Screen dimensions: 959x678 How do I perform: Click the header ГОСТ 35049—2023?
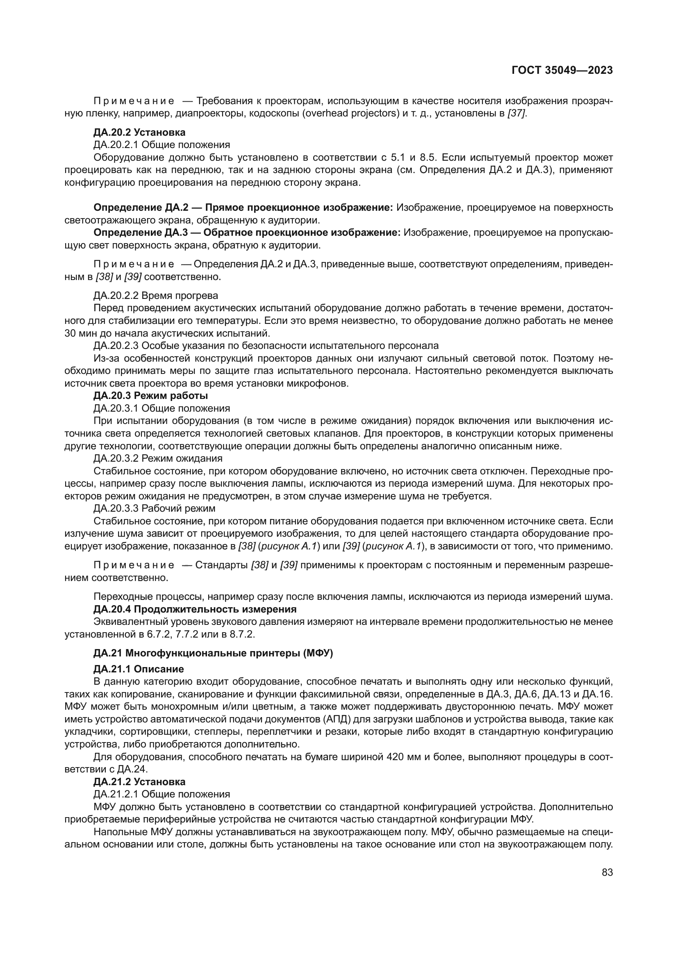pyautogui.click(x=562, y=70)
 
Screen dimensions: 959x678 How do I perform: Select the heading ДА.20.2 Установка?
pyautogui.click(x=139, y=132)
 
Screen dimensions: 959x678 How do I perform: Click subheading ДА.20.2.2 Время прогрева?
pyautogui.click(x=155, y=296)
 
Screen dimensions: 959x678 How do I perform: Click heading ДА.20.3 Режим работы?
pyautogui.click(x=151, y=396)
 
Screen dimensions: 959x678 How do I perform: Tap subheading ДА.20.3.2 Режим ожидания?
pyautogui.click(x=158, y=458)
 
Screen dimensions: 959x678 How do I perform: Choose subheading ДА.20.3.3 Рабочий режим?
pyautogui.click(x=155, y=508)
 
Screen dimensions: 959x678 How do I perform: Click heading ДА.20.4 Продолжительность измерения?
pyautogui.click(x=195, y=609)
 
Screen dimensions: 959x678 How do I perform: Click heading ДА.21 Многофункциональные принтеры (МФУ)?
pyautogui.click(x=213, y=653)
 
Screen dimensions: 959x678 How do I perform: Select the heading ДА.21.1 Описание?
pyautogui.click(x=139, y=669)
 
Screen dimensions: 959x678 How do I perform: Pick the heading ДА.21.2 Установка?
pyautogui.click(x=139, y=781)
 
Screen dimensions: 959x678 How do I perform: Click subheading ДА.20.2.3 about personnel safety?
pyautogui.click(x=266, y=345)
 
